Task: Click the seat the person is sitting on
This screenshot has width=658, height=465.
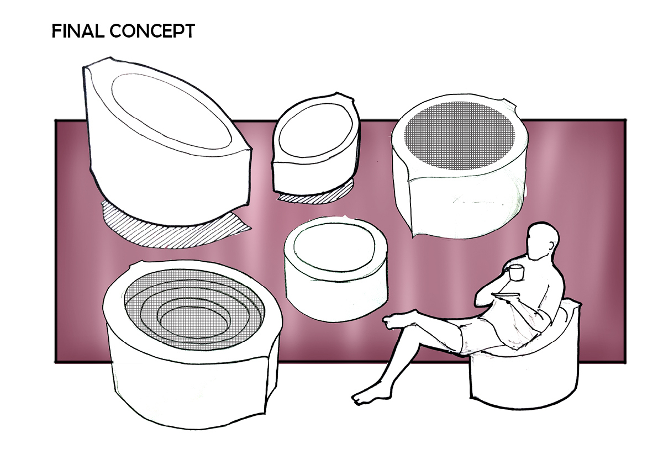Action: (x=522, y=376)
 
